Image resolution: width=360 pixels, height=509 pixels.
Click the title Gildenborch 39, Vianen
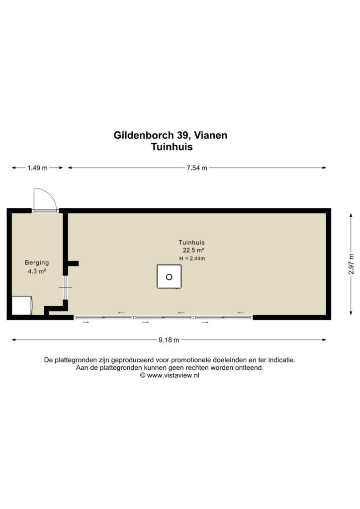(x=170, y=135)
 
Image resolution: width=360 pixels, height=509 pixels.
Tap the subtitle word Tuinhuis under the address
(x=172, y=147)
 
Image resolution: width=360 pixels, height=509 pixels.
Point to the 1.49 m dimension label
(x=37, y=168)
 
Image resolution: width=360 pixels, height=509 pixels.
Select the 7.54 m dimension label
(x=197, y=168)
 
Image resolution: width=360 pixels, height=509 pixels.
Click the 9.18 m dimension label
(x=169, y=340)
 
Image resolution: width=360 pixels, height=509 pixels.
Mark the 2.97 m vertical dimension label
(x=351, y=264)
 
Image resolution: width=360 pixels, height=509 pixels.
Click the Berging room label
(x=37, y=262)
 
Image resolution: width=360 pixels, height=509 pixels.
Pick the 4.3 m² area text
(x=37, y=271)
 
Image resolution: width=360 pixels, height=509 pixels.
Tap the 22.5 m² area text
(x=193, y=251)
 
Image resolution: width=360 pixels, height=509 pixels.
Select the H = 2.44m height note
(x=192, y=258)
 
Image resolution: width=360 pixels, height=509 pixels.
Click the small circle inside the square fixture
(x=169, y=277)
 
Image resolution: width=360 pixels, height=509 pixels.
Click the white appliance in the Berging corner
(x=22, y=305)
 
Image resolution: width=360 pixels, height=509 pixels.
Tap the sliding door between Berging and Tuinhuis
(x=65, y=288)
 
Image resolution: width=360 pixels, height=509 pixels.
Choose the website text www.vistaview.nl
(x=173, y=375)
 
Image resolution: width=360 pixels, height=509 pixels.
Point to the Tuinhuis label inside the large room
(x=191, y=242)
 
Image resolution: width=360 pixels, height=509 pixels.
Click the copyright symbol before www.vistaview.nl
(x=143, y=375)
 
